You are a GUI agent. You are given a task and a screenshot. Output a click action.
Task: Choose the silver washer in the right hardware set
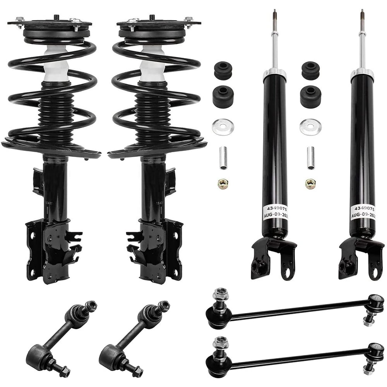coord(310,127)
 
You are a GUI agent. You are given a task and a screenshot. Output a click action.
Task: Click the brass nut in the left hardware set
coord(223,184)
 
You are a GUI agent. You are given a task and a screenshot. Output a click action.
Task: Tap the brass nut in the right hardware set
coord(310,184)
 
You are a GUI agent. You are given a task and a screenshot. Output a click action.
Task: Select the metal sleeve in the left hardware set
coord(223,158)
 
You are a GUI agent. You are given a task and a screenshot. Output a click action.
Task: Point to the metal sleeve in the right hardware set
coord(311,158)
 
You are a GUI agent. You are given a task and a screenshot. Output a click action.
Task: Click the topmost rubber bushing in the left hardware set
coord(223,70)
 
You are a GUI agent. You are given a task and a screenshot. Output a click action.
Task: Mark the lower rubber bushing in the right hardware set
coord(310,97)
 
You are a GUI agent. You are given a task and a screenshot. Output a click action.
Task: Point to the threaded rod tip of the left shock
coord(274,15)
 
